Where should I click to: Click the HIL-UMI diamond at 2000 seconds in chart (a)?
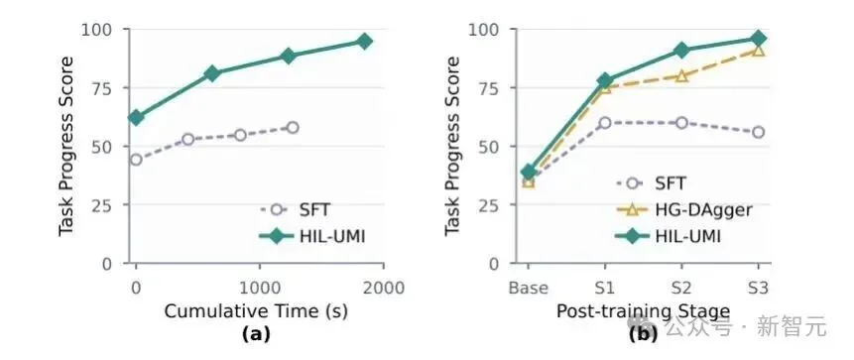[364, 41]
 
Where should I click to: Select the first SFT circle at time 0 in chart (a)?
[136, 160]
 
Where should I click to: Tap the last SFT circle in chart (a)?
[293, 128]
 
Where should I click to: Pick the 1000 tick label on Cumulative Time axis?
[259, 288]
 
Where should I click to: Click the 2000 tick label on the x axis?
[384, 288]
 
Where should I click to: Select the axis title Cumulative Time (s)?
[256, 311]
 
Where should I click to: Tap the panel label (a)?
[256, 334]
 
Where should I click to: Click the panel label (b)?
[643, 334]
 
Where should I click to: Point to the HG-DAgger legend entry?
[684, 209]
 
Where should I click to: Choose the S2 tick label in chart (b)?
[680, 288]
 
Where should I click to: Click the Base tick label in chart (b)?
[528, 288]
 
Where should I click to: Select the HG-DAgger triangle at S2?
[681, 75]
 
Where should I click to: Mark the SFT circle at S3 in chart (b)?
[758, 132]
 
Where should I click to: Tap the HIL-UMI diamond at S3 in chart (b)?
[758, 38]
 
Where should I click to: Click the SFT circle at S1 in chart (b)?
[605, 123]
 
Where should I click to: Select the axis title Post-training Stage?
[643, 311]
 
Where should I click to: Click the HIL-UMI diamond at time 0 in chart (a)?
[136, 117]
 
